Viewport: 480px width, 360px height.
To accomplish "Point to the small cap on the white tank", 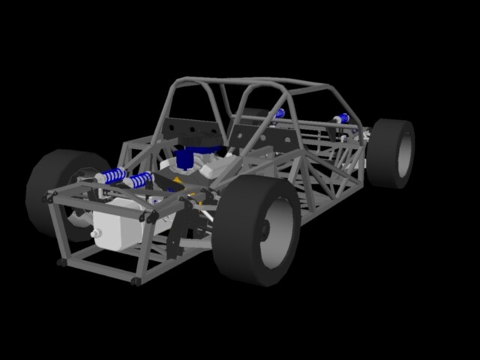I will [x=95, y=233].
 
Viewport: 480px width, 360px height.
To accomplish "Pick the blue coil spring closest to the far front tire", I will [x=111, y=176].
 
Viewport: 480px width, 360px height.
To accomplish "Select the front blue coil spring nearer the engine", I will [x=139, y=180].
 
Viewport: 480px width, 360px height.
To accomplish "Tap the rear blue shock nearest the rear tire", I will [x=342, y=118].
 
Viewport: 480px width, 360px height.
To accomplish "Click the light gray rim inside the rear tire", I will [x=404, y=153].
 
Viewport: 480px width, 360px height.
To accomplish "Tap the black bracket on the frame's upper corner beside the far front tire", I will [x=52, y=197].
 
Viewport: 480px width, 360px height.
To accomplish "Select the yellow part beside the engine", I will [x=177, y=180].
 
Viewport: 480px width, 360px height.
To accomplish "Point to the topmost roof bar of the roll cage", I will [x=247, y=81].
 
